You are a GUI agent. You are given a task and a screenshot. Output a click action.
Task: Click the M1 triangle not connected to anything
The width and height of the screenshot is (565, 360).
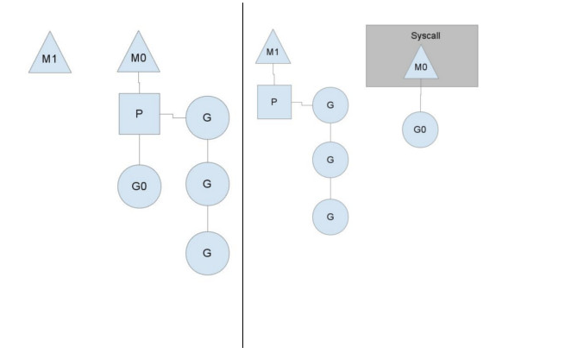[50, 55]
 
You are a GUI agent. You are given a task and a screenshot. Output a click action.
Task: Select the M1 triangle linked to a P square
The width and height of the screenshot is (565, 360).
[273, 49]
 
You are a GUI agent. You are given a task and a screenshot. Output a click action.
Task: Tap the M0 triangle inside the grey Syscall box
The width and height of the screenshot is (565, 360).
[421, 65]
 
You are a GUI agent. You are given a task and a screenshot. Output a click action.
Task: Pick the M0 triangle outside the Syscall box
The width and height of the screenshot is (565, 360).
[138, 54]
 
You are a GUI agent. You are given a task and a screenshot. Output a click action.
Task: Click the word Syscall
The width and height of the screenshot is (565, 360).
[425, 35]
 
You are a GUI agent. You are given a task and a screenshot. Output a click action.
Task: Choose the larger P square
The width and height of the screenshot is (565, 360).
[140, 114]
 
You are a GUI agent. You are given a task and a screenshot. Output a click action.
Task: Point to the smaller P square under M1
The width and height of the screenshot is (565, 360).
[274, 102]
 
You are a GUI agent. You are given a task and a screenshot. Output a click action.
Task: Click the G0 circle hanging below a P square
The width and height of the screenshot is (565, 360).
[140, 186]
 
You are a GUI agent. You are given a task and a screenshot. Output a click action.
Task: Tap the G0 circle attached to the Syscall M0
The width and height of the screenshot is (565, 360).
[420, 129]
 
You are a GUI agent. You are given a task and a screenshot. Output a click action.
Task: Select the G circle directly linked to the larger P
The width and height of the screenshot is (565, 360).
[207, 117]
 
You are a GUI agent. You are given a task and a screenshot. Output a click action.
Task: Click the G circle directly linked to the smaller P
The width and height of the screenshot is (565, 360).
[330, 105]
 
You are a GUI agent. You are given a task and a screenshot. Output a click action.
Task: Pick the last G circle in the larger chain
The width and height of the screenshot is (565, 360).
[207, 253]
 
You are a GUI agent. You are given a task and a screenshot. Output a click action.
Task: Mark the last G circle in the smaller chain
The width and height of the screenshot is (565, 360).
[330, 217]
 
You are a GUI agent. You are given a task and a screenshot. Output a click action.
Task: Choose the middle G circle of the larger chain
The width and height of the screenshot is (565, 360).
[207, 184]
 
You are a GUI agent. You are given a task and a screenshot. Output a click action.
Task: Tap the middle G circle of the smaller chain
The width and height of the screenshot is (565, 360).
[330, 160]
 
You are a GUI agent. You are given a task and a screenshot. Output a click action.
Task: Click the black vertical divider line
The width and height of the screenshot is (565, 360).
[243, 175]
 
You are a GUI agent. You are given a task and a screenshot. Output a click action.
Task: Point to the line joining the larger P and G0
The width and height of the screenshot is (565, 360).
[140, 149]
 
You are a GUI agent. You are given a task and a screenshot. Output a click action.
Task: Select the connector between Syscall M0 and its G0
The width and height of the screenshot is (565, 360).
[420, 95]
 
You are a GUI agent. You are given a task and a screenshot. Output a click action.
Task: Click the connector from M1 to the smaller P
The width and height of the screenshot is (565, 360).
[273, 74]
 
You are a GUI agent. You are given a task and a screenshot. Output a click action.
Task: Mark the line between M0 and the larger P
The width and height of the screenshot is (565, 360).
[139, 83]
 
